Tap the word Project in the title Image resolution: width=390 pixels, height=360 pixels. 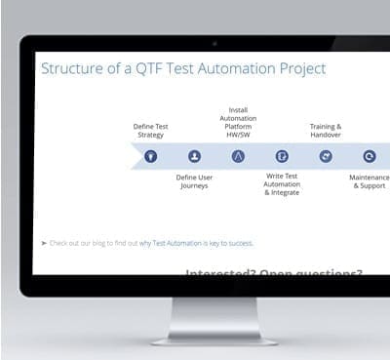pos(299,68)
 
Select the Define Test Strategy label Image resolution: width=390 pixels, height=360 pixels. pos(150,131)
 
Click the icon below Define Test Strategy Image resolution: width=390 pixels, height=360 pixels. pos(151,155)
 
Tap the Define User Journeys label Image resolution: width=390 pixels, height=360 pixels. pos(194,181)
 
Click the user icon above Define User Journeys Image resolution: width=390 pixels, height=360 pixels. pos(194,155)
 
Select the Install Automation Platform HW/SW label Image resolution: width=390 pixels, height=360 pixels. pos(238,122)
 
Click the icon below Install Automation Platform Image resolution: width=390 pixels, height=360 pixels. pos(238,155)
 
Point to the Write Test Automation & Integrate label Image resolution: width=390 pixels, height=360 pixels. pos(282,184)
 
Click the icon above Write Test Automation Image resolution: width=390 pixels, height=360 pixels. pos(282,155)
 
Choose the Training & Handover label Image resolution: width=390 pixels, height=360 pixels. pos(326,131)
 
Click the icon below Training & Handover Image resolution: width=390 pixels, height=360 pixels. pos(326,155)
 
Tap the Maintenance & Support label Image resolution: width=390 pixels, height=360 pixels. pos(370,181)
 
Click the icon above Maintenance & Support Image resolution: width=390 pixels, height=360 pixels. pos(370,155)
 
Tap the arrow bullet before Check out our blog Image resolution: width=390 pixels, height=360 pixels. pos(43,243)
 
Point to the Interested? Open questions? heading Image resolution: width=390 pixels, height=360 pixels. pos(272,274)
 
